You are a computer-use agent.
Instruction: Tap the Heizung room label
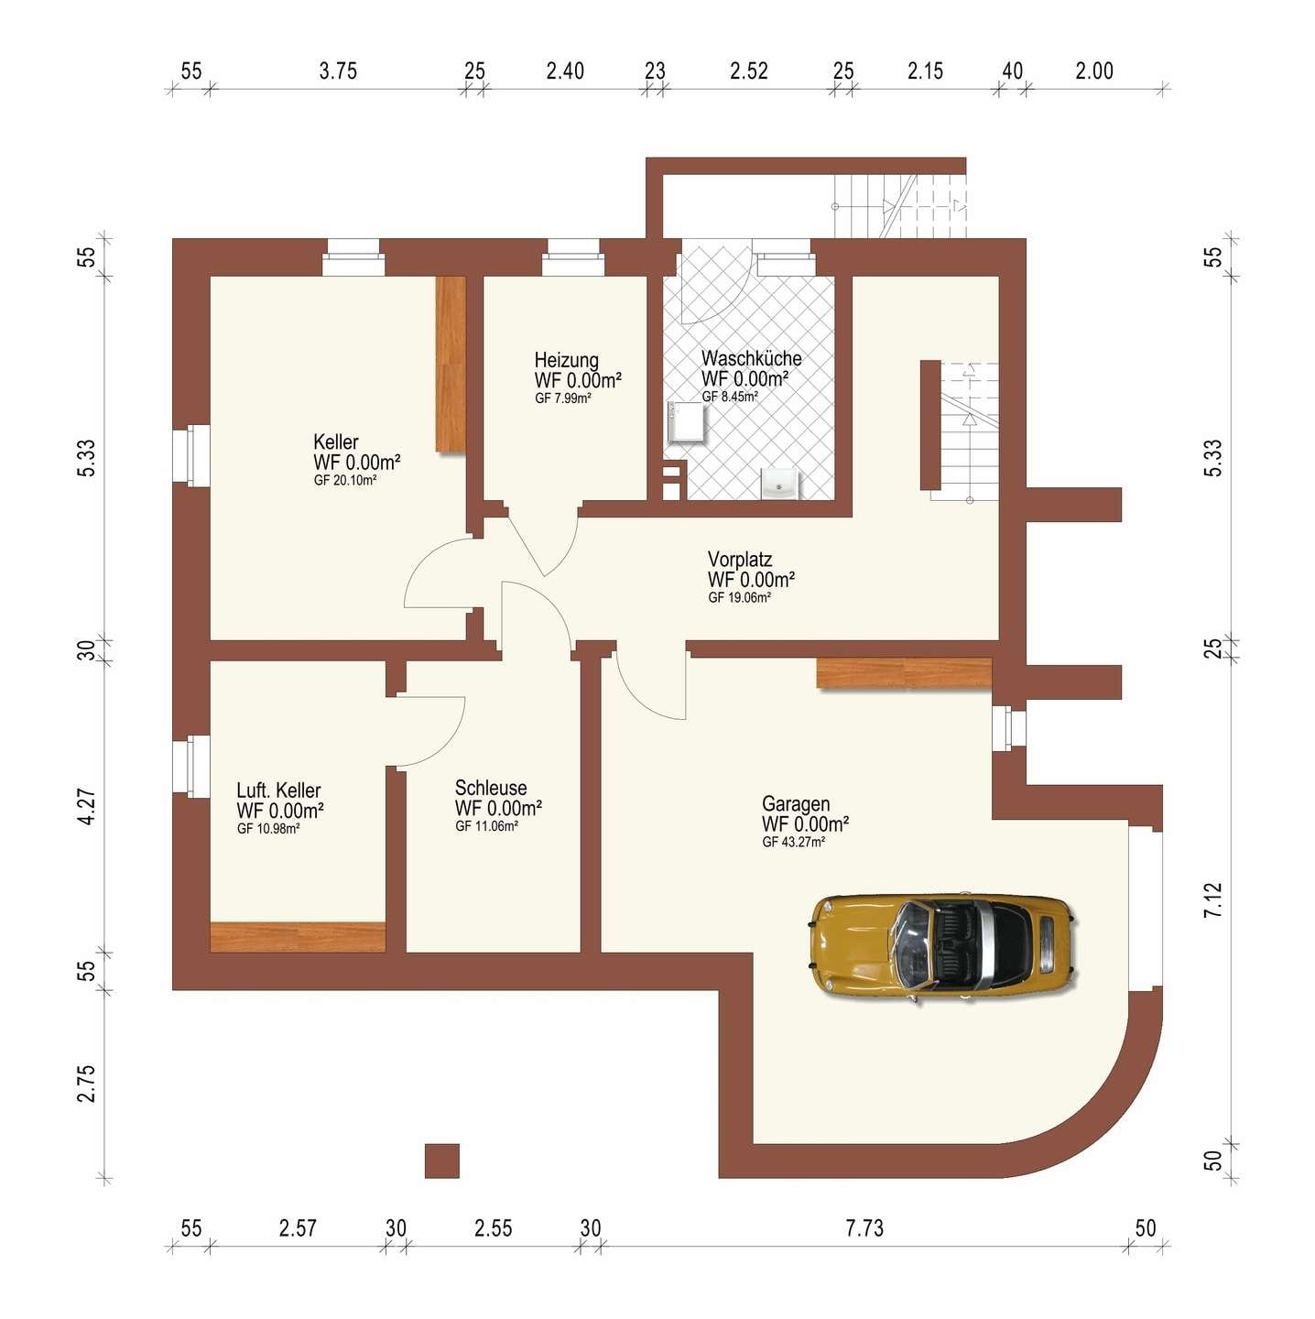pyautogui.click(x=566, y=360)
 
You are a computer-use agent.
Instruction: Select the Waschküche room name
pyautogui.click(x=751, y=358)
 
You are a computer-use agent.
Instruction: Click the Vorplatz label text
pyautogui.click(x=740, y=560)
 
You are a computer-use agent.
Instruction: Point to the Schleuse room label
pyautogui.click(x=490, y=788)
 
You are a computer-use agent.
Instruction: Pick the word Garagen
pyautogui.click(x=796, y=804)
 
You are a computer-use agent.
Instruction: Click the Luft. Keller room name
pyautogui.click(x=277, y=790)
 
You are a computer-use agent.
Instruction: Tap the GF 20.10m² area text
pyautogui.click(x=345, y=481)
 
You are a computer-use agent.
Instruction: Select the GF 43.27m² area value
pyautogui.click(x=793, y=843)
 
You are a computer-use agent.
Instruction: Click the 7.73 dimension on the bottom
pyautogui.click(x=864, y=1228)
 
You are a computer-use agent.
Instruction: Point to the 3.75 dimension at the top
pyautogui.click(x=338, y=71)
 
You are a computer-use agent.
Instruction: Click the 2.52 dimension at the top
pyautogui.click(x=749, y=71)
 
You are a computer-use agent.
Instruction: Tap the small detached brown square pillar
pyautogui.click(x=441, y=1161)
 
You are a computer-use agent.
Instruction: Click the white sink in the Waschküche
pyautogui.click(x=779, y=483)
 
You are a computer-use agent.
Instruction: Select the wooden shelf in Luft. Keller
pyautogui.click(x=298, y=937)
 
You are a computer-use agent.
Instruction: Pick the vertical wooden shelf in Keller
pyautogui.click(x=451, y=364)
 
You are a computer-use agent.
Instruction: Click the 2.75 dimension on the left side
pyautogui.click(x=87, y=1084)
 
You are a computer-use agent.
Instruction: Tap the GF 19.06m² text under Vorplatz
pyautogui.click(x=739, y=597)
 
